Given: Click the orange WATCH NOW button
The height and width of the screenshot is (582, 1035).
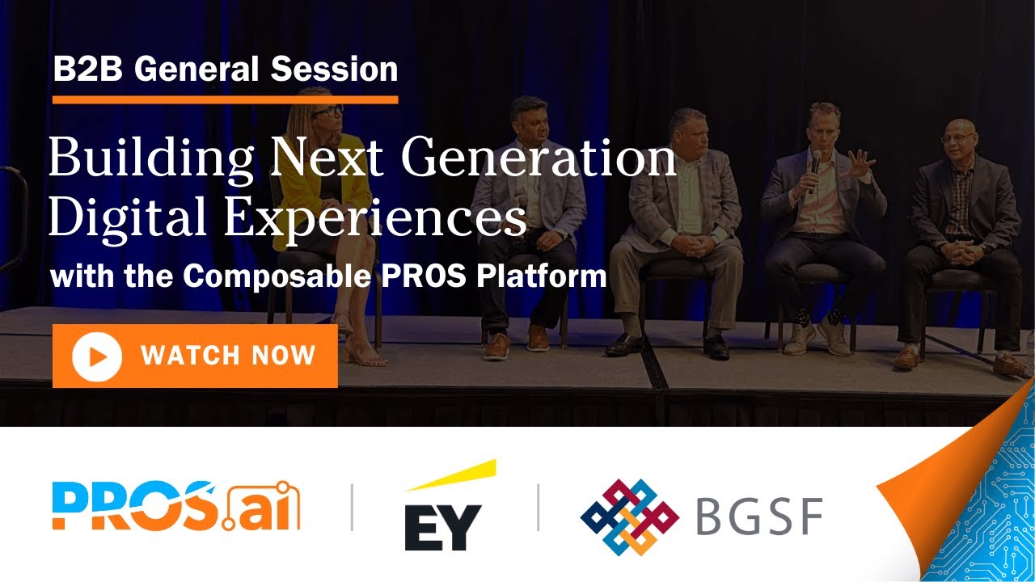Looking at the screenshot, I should (x=195, y=356).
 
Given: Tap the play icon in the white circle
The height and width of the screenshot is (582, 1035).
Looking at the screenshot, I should (x=96, y=356).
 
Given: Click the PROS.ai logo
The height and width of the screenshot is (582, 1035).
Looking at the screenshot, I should (x=175, y=506).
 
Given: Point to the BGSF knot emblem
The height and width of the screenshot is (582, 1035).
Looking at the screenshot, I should (x=629, y=517).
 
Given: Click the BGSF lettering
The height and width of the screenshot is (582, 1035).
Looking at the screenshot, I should (x=758, y=517).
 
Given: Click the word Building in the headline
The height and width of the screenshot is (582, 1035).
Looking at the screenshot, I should (x=150, y=158).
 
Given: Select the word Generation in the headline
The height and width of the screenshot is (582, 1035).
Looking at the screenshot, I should (x=539, y=158).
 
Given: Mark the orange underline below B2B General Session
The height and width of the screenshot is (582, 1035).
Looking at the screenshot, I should (x=225, y=100).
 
